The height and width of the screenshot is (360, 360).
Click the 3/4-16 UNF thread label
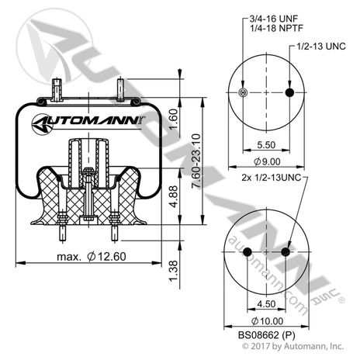(x=274, y=19)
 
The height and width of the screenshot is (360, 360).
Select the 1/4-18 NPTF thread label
(x=276, y=28)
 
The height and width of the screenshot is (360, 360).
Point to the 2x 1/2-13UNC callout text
(x=272, y=178)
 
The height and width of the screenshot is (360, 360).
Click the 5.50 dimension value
(x=266, y=145)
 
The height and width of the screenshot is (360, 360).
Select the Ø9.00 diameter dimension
(x=267, y=161)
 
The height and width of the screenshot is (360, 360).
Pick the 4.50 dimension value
(x=266, y=304)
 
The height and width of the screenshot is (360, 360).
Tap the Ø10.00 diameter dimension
(x=267, y=321)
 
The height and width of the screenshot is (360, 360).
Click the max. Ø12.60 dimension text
(x=92, y=257)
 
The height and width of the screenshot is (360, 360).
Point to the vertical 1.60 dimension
(x=174, y=119)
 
